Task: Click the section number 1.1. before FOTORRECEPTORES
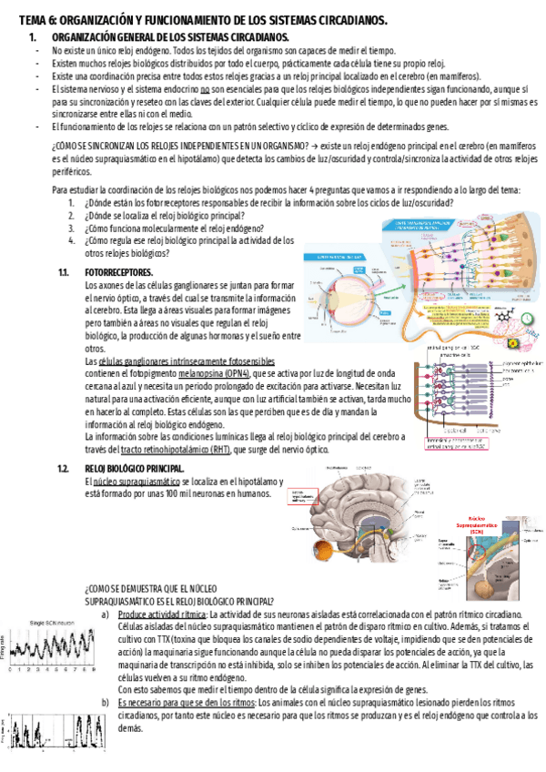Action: [x=64, y=273]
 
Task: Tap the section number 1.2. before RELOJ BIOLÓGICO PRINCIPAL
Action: [x=64, y=468]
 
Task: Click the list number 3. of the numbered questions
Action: [x=72, y=229]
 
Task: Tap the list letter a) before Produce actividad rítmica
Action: [x=106, y=615]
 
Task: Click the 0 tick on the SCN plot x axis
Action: [x=7, y=671]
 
